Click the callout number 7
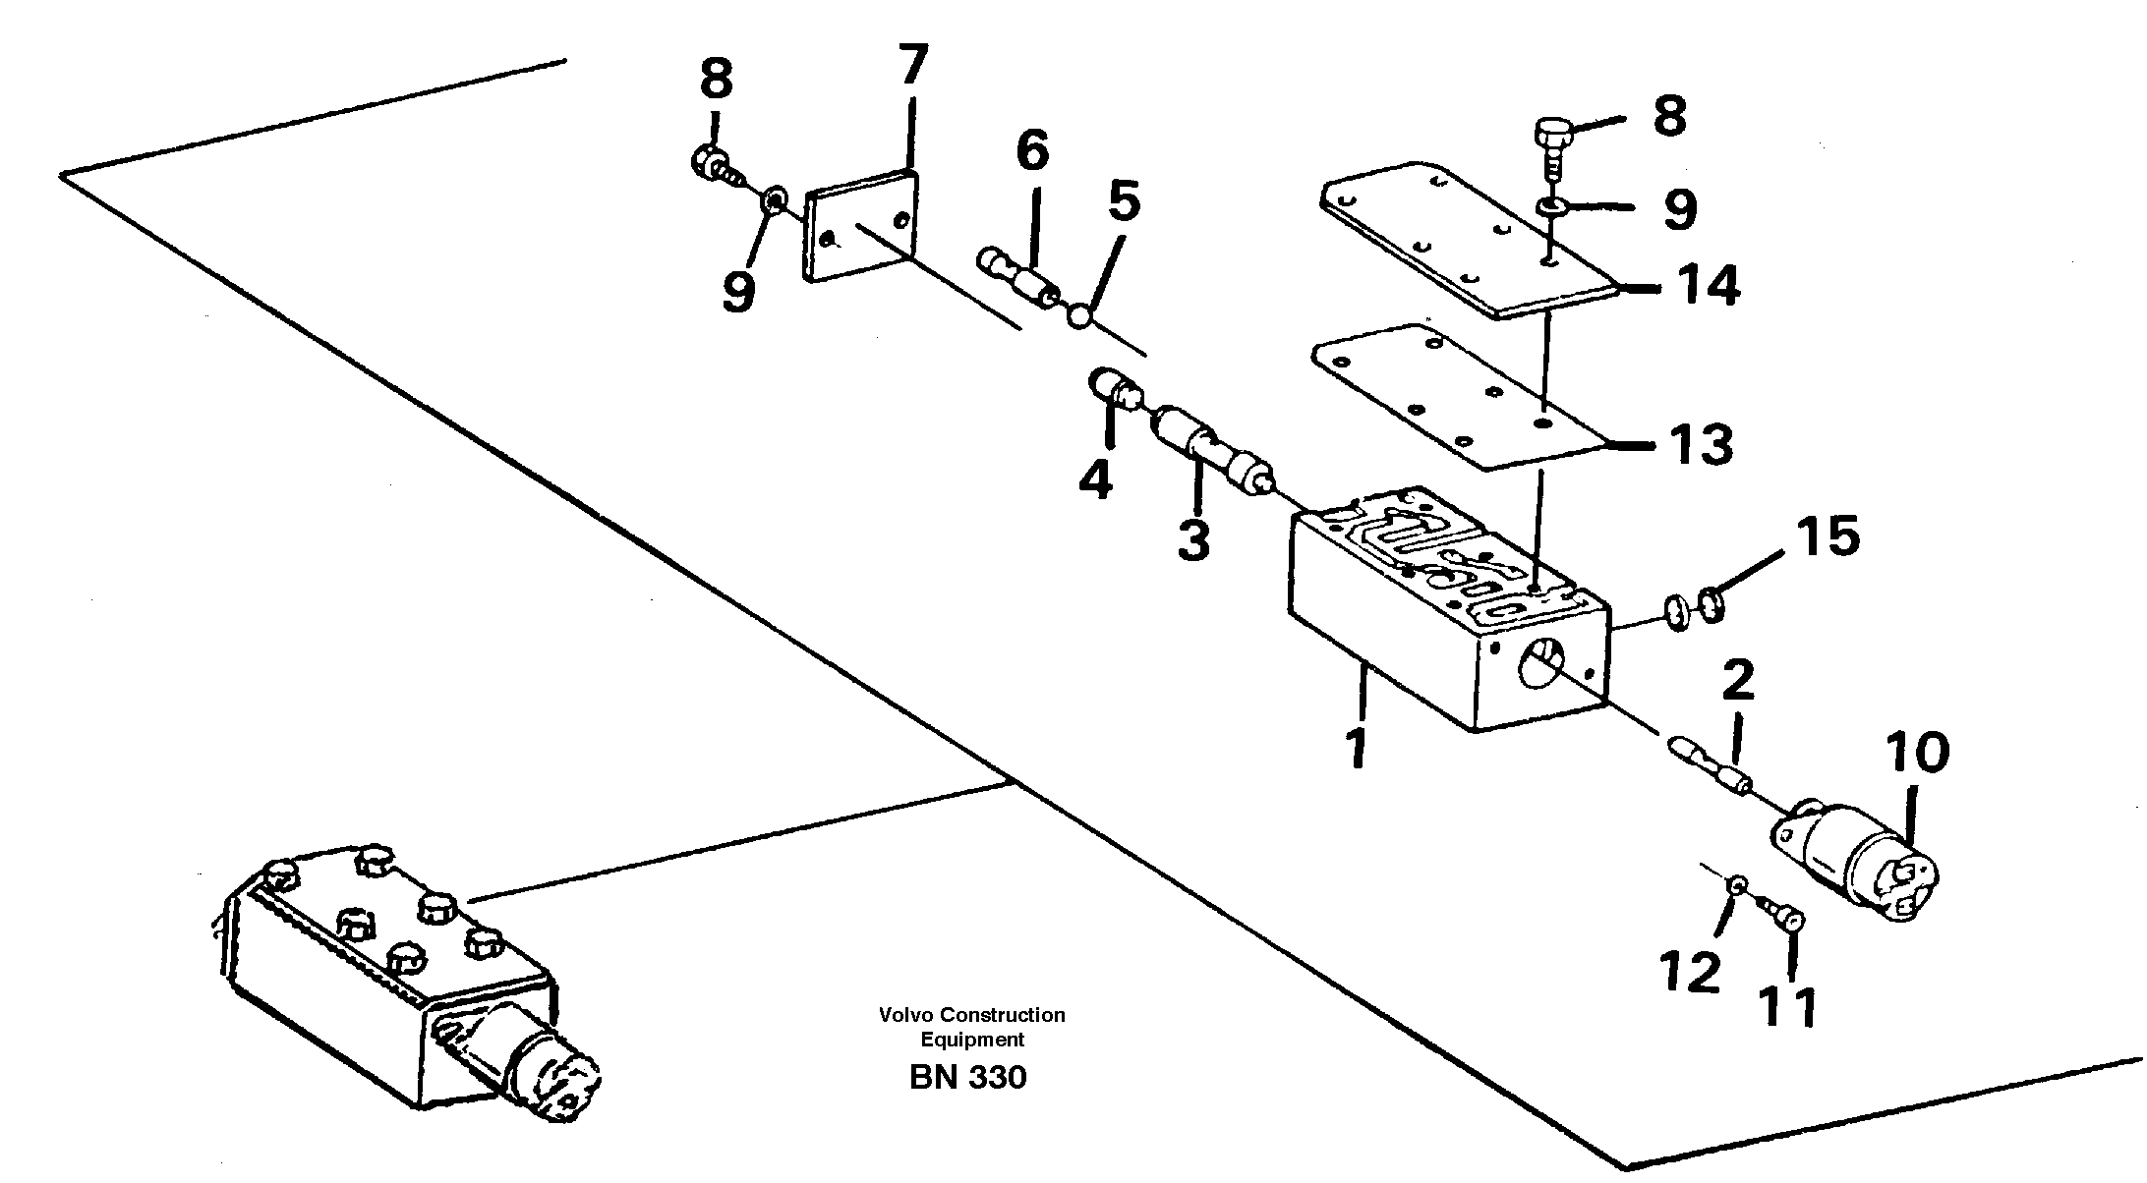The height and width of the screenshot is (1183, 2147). coord(912,66)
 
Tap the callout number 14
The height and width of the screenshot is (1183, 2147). coord(1708,286)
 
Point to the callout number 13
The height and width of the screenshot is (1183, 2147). coord(1700,444)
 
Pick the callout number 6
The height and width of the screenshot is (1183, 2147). coord(1032,151)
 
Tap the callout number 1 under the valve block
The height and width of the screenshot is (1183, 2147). coord(1357,749)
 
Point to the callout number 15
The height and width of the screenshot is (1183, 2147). coord(1828,536)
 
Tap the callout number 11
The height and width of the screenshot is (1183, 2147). coord(1788,1007)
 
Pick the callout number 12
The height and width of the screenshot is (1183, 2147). coord(1691,972)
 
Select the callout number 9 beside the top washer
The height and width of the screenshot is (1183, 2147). coord(1679,209)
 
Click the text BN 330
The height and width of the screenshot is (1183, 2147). coord(967,1078)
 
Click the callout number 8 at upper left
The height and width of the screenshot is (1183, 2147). coord(716,79)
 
